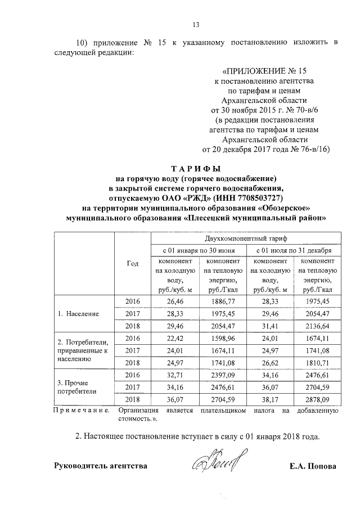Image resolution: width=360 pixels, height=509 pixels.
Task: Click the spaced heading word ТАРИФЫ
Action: coord(196,168)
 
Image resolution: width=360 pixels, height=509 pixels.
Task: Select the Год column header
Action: coord(133,264)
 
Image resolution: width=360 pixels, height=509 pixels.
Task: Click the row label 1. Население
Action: coord(81,313)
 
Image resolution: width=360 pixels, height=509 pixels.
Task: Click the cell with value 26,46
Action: coord(176,301)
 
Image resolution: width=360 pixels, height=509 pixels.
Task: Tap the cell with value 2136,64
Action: coord(314,325)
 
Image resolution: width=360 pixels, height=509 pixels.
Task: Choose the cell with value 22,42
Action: coord(176,338)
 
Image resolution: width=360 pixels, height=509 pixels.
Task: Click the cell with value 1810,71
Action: coord(314,363)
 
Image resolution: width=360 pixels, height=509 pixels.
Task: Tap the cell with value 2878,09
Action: coord(314,399)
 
